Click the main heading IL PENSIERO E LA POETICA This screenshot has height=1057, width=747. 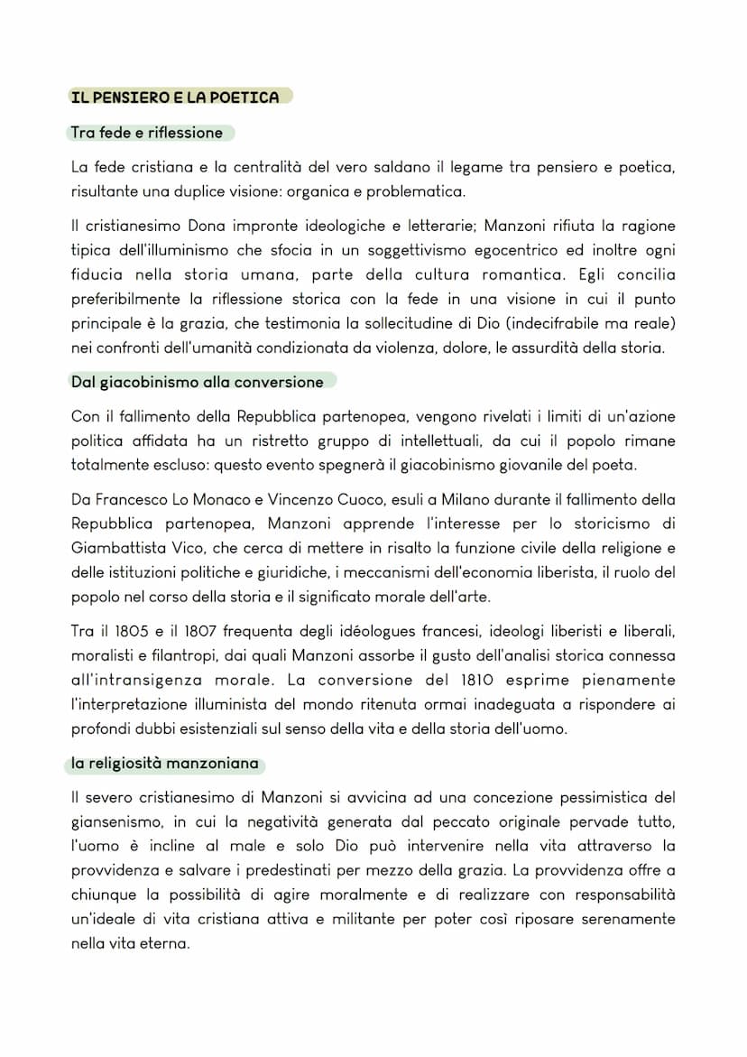[175, 97]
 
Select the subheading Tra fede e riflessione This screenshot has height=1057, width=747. [146, 133]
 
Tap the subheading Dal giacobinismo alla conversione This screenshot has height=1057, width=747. [197, 382]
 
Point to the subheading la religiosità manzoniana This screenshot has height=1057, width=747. [165, 764]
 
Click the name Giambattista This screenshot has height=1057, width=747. [113, 548]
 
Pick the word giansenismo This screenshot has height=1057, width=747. [113, 822]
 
